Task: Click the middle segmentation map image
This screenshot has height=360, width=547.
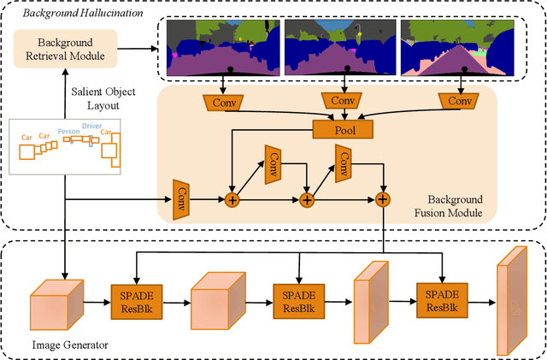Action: [x=342, y=47]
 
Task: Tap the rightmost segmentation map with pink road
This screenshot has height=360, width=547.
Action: [x=461, y=47]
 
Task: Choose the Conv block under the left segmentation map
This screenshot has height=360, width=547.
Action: [x=222, y=102]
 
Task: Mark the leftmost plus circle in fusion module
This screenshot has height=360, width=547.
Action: [x=232, y=199]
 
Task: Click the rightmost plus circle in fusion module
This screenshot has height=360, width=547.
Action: [x=382, y=199]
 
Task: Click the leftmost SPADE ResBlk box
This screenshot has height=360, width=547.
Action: [x=137, y=299]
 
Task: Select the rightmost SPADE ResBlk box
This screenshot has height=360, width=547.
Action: [x=441, y=299]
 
